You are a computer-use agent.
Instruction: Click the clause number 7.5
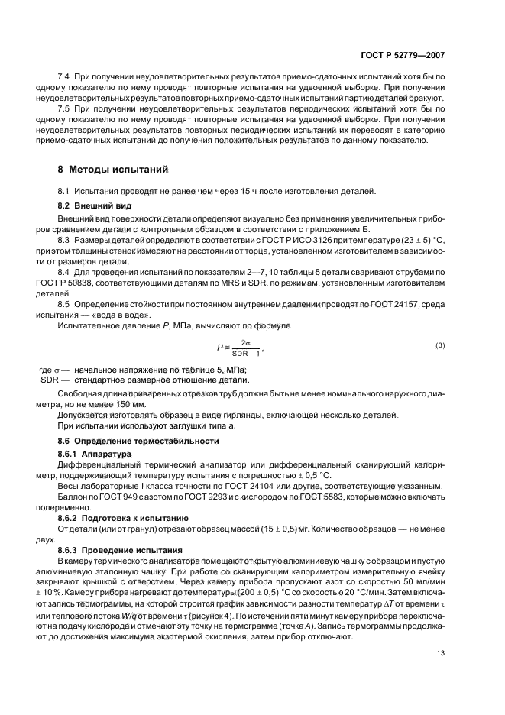[x=65, y=108]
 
